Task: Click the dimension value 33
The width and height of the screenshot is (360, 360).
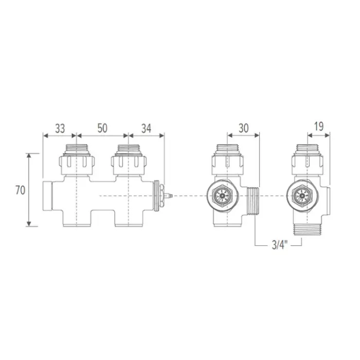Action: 60,128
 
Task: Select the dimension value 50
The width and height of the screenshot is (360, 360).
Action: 102,128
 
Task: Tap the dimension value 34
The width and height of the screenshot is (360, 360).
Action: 146,128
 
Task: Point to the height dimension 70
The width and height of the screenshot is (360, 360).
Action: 20,190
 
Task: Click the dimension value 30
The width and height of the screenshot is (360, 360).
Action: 244,128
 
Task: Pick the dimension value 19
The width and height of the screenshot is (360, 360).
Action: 319,127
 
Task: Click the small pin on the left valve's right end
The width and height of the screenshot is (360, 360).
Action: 168,196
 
